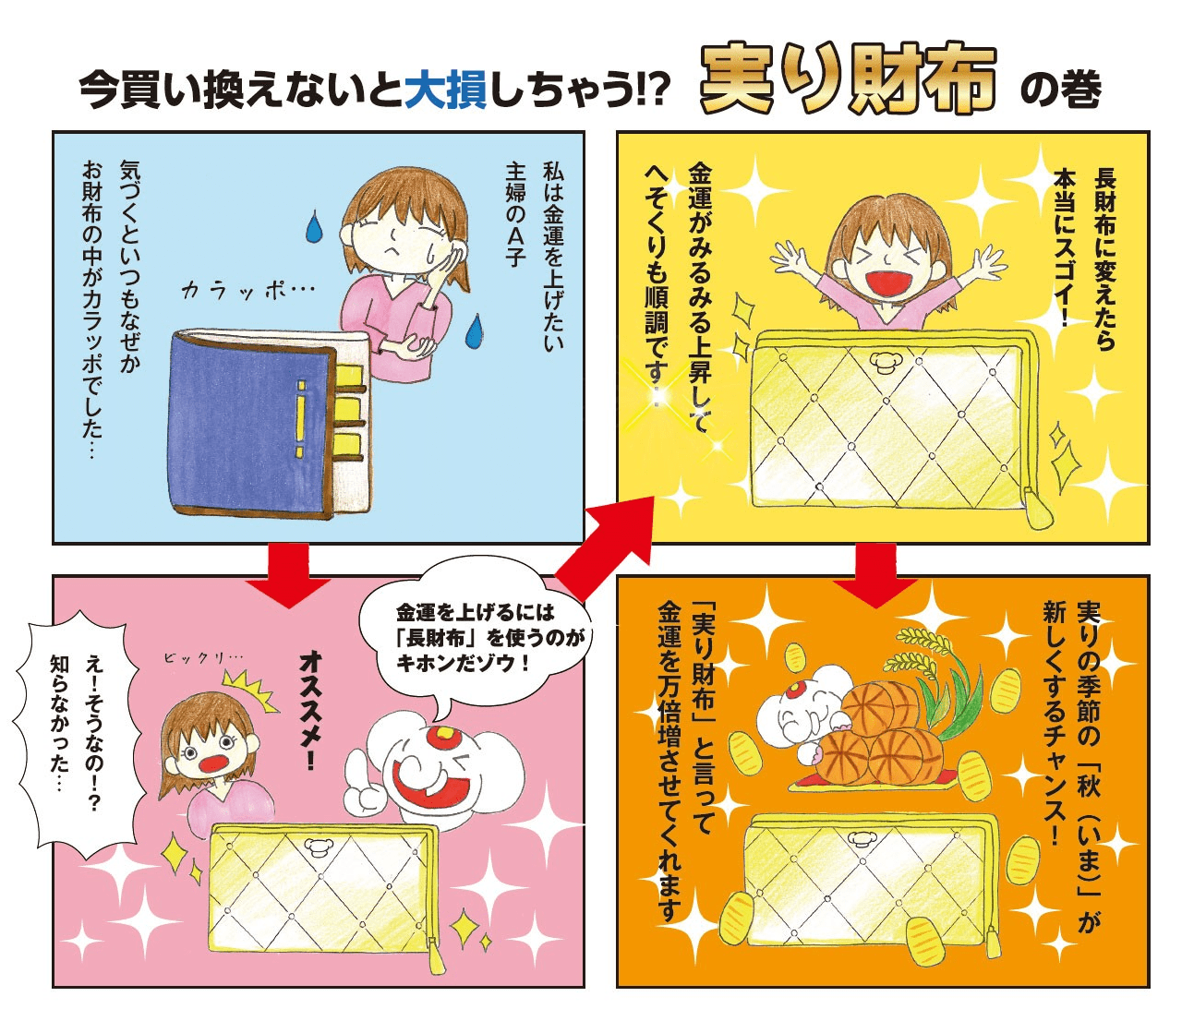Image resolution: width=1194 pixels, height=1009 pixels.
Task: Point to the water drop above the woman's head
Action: (x=314, y=226)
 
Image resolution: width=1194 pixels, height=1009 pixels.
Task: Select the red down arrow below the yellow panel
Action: (x=875, y=575)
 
